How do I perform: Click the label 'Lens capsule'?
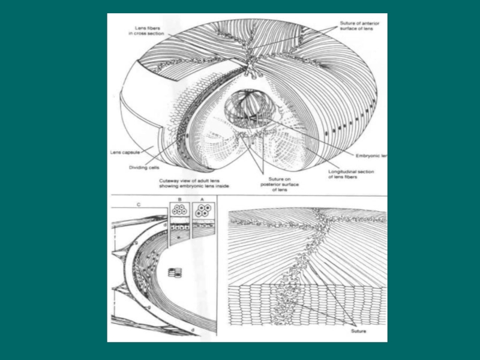point(125,152)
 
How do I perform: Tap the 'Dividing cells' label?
point(144,167)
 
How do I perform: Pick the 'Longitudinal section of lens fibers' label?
point(353,175)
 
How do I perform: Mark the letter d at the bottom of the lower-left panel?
point(191,331)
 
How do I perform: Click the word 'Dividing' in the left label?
point(137,167)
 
